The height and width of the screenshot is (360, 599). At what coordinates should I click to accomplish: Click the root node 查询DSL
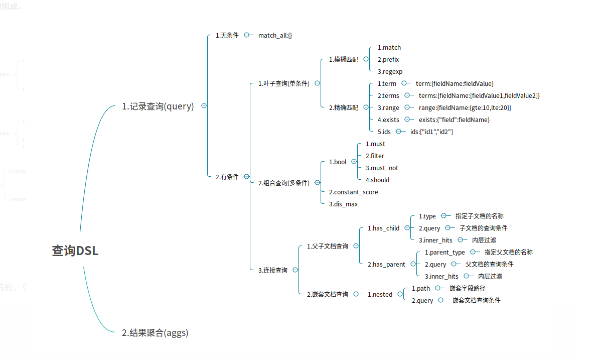tap(75, 251)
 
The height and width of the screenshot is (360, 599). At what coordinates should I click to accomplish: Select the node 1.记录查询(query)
tap(158, 106)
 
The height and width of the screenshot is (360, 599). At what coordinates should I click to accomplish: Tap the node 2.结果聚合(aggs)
tap(155, 332)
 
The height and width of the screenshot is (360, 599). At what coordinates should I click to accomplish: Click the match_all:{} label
tap(275, 35)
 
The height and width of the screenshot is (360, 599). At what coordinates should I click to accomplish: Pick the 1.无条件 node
tap(227, 35)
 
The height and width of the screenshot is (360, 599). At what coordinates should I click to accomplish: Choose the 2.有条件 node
tap(227, 177)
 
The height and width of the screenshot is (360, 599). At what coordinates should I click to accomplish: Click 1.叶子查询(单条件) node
tap(283, 83)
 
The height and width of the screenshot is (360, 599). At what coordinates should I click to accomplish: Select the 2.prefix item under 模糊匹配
tap(388, 59)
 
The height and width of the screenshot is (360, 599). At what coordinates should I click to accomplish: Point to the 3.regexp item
tap(390, 71)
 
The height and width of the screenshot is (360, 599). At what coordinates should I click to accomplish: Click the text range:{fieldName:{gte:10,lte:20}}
tap(465, 107)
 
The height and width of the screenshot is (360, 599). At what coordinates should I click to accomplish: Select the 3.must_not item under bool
tap(382, 168)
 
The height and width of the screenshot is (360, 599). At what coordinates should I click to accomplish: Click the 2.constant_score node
tap(353, 192)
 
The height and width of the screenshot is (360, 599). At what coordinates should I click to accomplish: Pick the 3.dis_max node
tap(343, 204)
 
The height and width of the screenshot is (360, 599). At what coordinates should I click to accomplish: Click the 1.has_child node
tap(383, 228)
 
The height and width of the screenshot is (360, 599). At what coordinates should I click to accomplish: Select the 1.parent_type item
tap(444, 252)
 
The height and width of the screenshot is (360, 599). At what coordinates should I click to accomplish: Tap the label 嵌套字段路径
tap(468, 288)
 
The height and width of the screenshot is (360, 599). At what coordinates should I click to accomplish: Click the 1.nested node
tap(380, 294)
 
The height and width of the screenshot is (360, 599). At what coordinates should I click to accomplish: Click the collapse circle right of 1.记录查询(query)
tap(204, 106)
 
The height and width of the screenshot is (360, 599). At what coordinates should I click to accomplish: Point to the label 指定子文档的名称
tap(479, 216)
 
